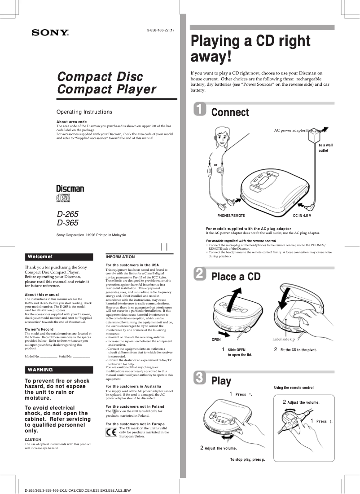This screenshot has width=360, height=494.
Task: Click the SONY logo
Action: point(50,33)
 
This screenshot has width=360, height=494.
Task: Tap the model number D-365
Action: point(67,222)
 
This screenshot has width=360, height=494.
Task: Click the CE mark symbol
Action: point(111,433)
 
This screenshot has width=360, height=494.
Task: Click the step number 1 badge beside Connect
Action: point(199,110)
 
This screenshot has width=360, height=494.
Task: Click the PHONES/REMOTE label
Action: point(231,216)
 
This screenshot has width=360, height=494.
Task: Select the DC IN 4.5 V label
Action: point(302,216)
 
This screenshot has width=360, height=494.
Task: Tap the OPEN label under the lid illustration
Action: point(216,340)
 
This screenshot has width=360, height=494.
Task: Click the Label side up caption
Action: point(284,339)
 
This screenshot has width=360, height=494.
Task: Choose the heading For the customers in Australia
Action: point(133,386)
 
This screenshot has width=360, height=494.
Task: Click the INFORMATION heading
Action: point(120,257)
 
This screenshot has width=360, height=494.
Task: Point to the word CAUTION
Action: point(33,440)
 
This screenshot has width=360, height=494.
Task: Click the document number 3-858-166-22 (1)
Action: point(160,30)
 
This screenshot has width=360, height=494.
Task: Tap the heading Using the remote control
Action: point(294,387)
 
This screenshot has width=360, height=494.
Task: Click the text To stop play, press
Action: point(247,460)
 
